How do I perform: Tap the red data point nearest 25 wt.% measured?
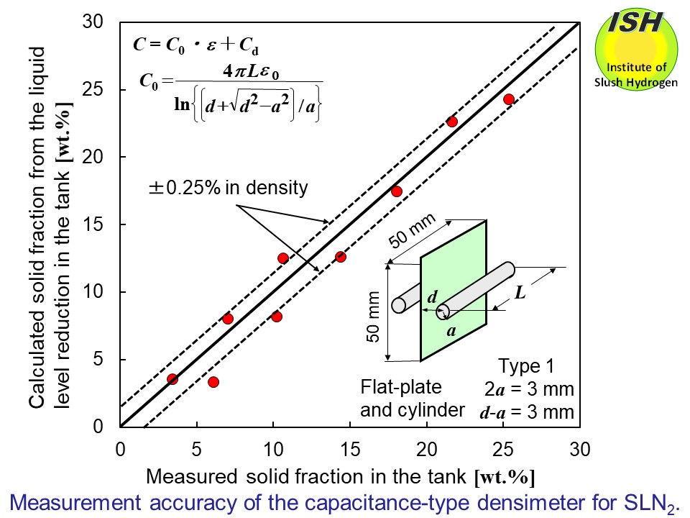[509, 99]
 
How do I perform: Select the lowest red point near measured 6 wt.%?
[213, 382]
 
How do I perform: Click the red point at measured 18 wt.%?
[396, 191]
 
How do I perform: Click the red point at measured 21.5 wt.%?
[452, 122]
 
